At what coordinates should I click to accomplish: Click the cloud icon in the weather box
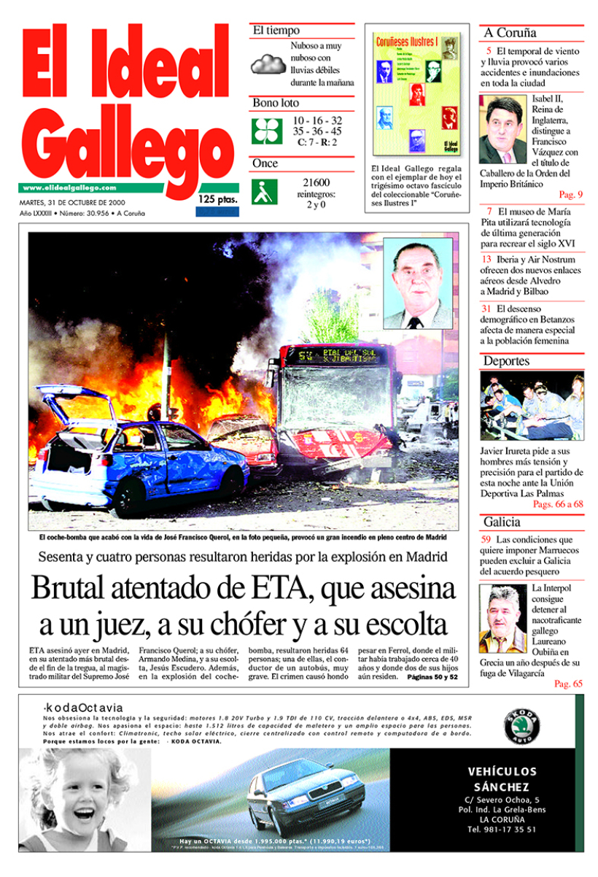click(268, 64)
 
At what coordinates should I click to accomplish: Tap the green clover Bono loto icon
click(266, 130)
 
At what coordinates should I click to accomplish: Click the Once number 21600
click(315, 182)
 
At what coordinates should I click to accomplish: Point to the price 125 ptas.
click(217, 199)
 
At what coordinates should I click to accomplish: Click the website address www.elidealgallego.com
click(69, 188)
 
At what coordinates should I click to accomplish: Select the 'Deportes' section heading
click(506, 361)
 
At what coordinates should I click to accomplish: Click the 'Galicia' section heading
click(502, 522)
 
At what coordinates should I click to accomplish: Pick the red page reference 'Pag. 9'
click(570, 195)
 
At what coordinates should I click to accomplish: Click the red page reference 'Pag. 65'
click(568, 684)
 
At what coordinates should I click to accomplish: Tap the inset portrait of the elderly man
click(417, 283)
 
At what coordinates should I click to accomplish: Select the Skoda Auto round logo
click(523, 727)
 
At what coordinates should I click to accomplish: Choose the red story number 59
click(486, 540)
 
